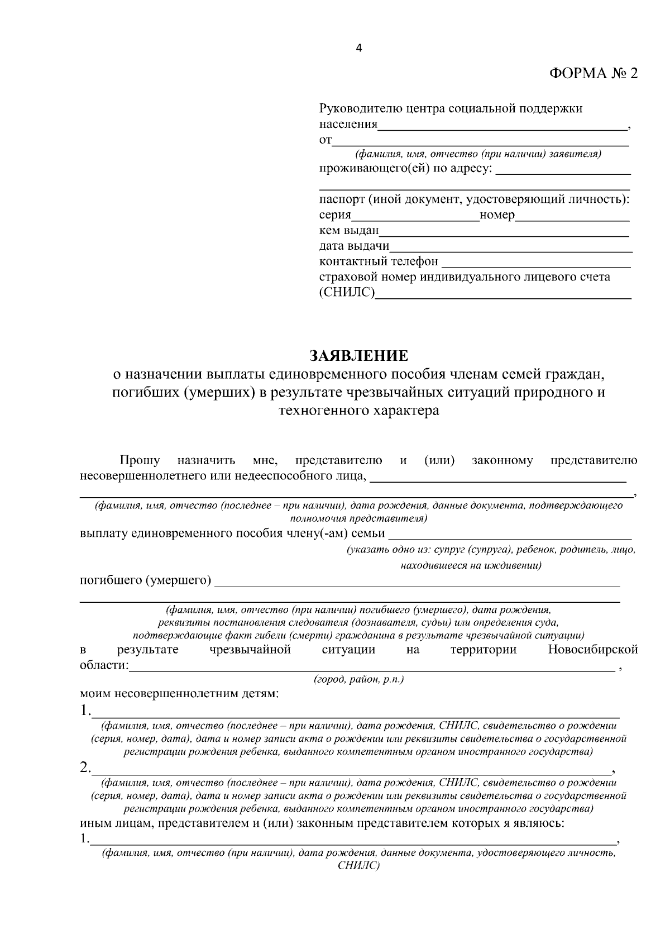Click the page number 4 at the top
[358, 49]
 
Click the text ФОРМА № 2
[593, 74]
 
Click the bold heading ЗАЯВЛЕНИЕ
[359, 356]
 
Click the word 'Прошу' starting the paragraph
[140, 461]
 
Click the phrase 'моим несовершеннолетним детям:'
[179, 694]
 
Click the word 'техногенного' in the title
[314, 412]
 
